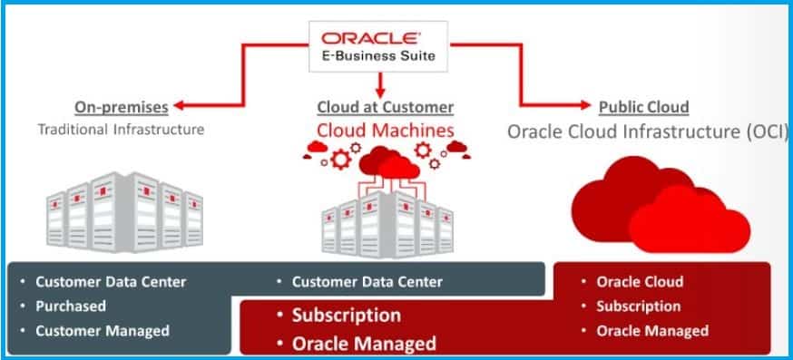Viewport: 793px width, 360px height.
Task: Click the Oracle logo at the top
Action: point(381,39)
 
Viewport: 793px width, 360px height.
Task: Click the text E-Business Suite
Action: point(381,56)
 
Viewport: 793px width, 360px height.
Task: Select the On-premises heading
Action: point(122,107)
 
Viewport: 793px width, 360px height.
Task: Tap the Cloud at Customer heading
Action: point(385,107)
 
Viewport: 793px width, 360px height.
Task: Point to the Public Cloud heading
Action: point(643,107)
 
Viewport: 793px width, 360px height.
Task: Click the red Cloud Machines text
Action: point(385,131)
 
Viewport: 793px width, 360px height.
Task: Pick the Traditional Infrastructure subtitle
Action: point(121,129)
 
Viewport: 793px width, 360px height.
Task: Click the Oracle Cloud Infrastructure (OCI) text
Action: point(647,131)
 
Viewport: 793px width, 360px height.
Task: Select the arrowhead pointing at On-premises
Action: point(180,107)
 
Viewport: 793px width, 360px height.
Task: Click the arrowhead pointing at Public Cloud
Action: point(585,107)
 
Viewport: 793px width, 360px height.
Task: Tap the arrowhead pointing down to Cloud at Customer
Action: point(381,91)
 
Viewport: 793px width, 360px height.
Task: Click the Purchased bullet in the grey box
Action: point(71,306)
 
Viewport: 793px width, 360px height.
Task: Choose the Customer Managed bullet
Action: point(102,331)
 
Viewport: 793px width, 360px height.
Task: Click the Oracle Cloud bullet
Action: point(640,282)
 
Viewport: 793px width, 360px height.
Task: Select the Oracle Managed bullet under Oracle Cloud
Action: point(651,331)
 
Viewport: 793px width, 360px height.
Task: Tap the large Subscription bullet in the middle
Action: point(346,316)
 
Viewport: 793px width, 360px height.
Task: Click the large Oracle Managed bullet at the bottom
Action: point(363,344)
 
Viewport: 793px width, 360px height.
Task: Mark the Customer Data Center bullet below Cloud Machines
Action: point(367,282)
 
